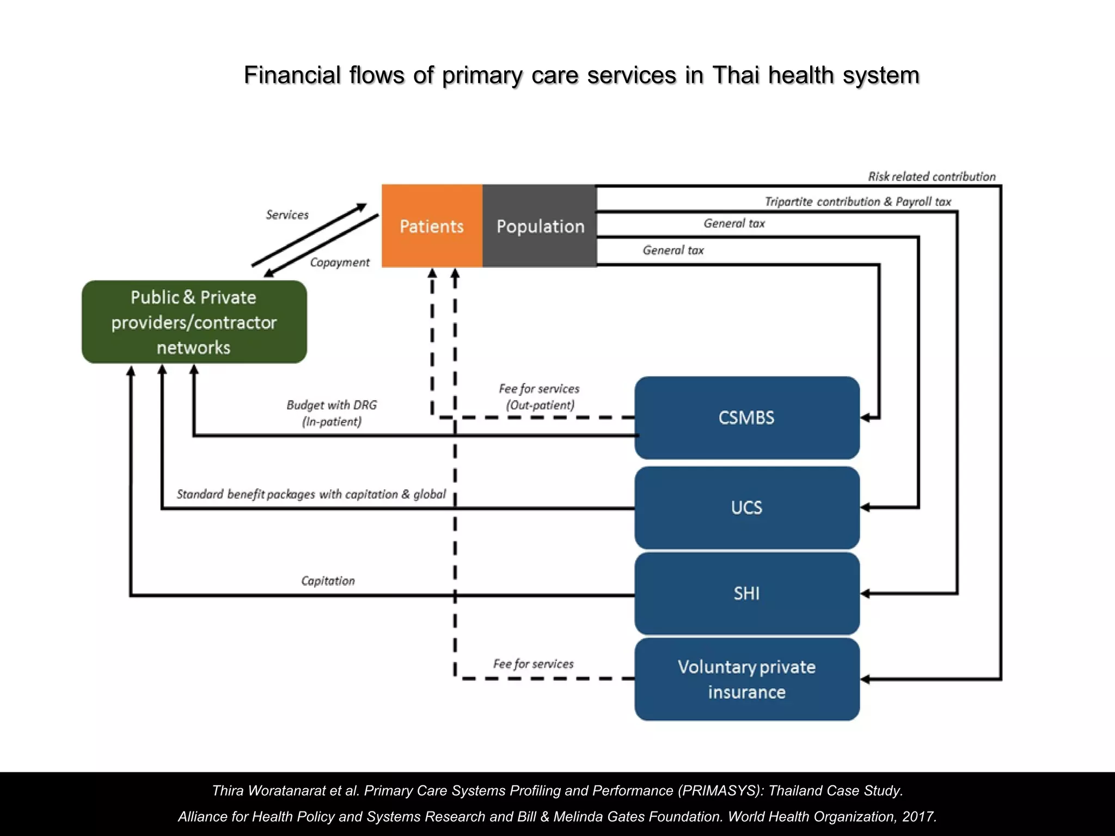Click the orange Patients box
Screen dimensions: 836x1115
pos(432,226)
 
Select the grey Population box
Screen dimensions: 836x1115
pos(540,226)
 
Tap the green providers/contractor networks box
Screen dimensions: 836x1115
pos(194,322)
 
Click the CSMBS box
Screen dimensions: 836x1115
pos(746,417)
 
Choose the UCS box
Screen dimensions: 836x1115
pos(746,507)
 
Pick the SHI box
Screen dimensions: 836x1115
pos(746,593)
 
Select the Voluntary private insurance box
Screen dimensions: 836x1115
pos(746,679)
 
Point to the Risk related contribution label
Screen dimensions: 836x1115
pos(931,176)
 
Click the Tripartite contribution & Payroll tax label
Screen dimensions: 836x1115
pos(857,201)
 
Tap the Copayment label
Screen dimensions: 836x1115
pos(339,262)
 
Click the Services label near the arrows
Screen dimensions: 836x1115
pos(287,214)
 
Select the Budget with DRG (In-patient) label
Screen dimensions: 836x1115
pos(332,413)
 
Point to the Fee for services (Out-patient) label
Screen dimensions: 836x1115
pos(539,397)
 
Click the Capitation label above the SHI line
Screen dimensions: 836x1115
pos(328,581)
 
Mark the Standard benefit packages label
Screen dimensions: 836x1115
pos(311,494)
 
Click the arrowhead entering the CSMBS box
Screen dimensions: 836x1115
pos(865,417)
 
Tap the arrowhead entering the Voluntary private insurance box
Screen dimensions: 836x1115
pos(865,679)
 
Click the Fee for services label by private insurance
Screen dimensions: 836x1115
pos(533,663)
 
